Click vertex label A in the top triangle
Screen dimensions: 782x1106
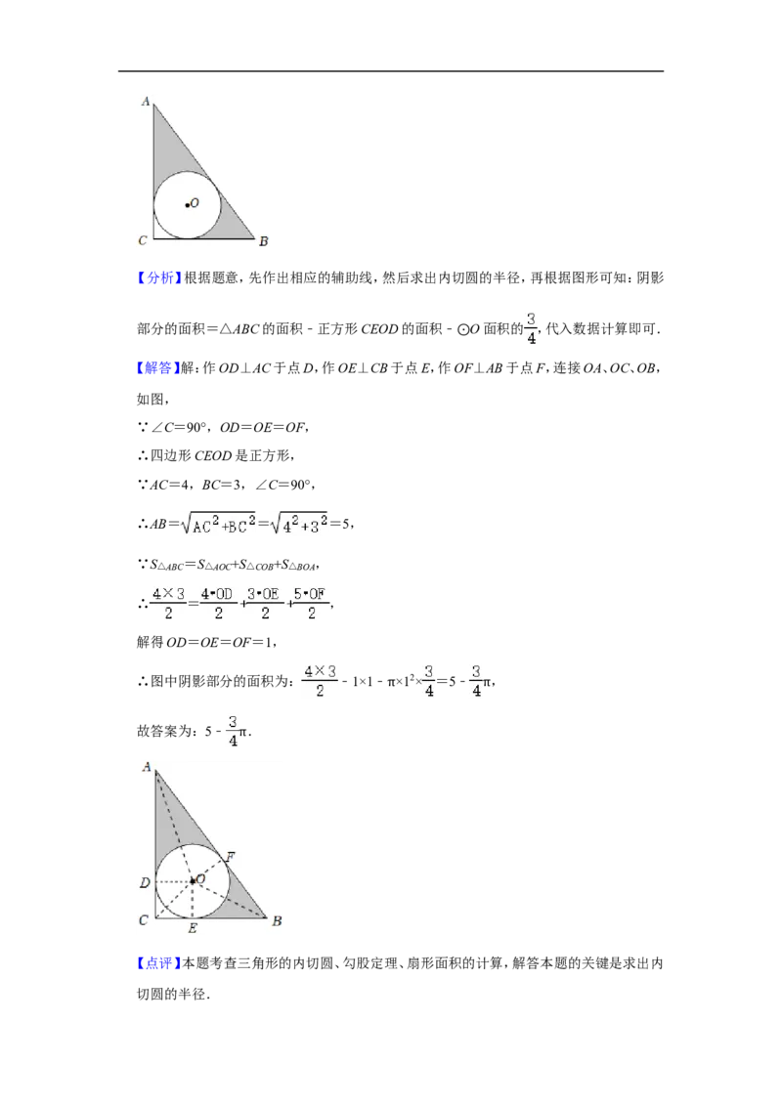[x=146, y=101]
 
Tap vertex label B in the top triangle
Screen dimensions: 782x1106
[x=263, y=241]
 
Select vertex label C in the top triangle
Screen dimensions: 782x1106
[x=143, y=240]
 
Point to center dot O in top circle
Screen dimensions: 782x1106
[x=187, y=205]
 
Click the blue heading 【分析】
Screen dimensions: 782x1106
[x=159, y=277]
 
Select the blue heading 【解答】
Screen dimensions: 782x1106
[x=158, y=367]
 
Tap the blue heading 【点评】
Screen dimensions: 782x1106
[x=159, y=963]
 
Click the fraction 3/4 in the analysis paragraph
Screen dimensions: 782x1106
[x=532, y=328]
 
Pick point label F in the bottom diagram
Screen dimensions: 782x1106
[x=230, y=856]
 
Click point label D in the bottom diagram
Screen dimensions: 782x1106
[x=145, y=882]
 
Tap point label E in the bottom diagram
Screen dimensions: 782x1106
[x=193, y=928]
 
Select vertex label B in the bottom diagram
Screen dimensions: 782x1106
[x=277, y=920]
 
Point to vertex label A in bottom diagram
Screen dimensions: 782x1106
[x=147, y=766]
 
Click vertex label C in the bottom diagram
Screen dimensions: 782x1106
[x=144, y=919]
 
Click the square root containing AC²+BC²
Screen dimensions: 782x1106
[x=218, y=523]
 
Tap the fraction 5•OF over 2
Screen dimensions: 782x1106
[x=311, y=603]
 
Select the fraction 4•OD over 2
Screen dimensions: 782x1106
[x=218, y=603]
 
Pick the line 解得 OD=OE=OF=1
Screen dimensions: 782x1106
[x=206, y=642]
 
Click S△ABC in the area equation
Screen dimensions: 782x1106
[x=166, y=565]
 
